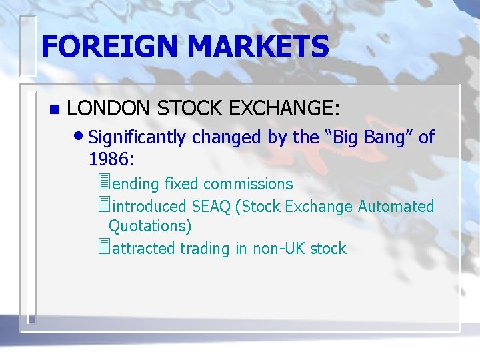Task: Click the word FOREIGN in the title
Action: click(x=109, y=47)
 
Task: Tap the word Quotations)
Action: click(x=150, y=227)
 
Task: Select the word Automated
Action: click(x=396, y=207)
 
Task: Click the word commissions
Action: click(x=248, y=184)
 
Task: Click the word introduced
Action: click(x=150, y=207)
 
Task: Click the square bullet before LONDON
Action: click(x=54, y=109)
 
